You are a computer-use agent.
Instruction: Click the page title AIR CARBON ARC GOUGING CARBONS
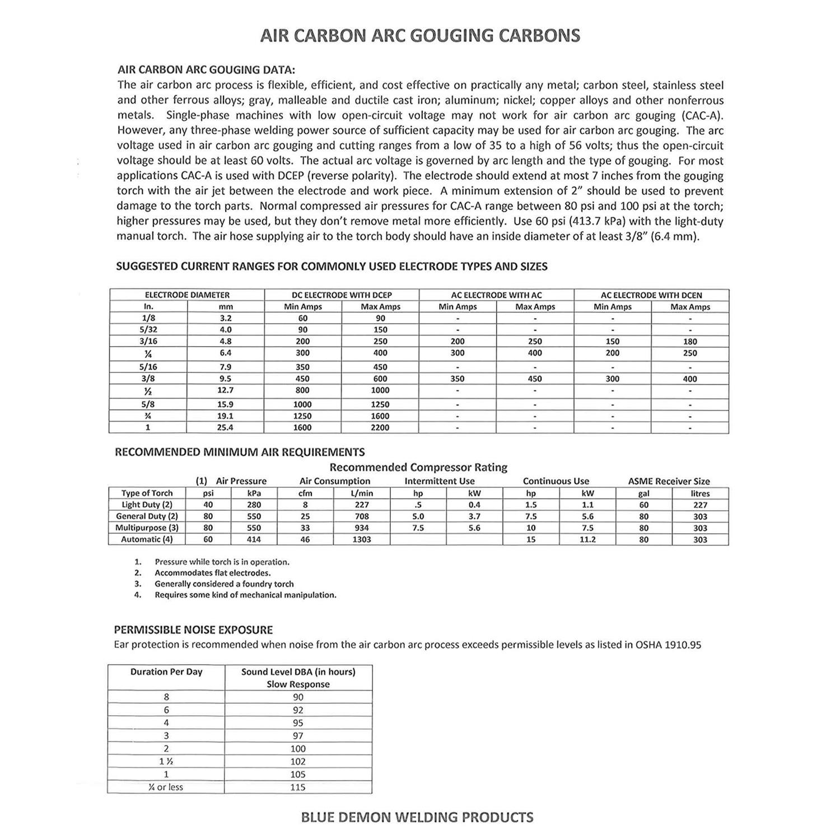(420, 35)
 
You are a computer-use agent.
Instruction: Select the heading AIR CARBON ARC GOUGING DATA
(206, 70)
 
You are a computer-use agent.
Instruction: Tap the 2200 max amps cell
(380, 428)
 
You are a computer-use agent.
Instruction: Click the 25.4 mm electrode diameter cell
(226, 428)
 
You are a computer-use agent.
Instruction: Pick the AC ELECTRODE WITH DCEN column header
(651, 295)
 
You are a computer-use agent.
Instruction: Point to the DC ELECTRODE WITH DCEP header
(342, 295)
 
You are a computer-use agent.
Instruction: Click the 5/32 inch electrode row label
(148, 330)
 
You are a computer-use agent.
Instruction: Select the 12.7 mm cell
(226, 390)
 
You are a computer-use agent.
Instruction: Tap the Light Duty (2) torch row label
(147, 505)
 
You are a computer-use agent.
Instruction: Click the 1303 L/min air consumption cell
(362, 540)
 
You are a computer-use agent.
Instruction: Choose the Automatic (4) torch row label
(147, 540)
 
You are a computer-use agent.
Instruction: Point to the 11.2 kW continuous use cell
(587, 540)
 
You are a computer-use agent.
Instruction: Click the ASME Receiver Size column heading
(669, 481)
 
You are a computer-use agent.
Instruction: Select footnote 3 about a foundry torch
(224, 584)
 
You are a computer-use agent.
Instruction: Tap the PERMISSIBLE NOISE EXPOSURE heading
(194, 629)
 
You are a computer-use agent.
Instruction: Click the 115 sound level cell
(298, 787)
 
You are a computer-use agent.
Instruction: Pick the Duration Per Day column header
(166, 672)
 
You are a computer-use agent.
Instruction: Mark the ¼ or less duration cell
(166, 787)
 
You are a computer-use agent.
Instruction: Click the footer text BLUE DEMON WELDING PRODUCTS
(417, 818)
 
